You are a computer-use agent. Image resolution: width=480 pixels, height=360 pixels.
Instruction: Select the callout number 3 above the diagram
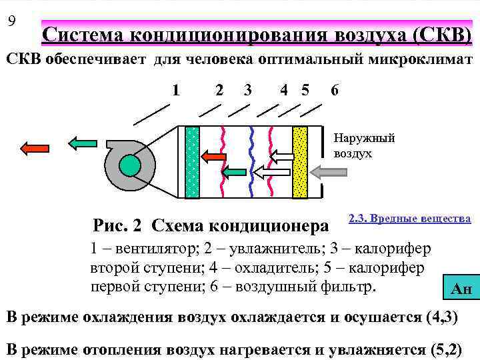pos(247,89)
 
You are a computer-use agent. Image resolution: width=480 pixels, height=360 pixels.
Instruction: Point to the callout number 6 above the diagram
pos(334,89)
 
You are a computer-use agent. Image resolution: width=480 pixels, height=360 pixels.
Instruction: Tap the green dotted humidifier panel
pos(192,163)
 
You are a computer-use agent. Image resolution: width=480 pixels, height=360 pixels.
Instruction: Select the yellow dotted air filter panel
pos(299,163)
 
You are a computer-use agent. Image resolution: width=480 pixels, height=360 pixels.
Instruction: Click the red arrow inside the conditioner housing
pos(214,157)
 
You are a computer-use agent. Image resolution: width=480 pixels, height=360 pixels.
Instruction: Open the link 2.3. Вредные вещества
pos(409,219)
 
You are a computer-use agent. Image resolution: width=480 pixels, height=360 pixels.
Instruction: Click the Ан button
pos(461,288)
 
